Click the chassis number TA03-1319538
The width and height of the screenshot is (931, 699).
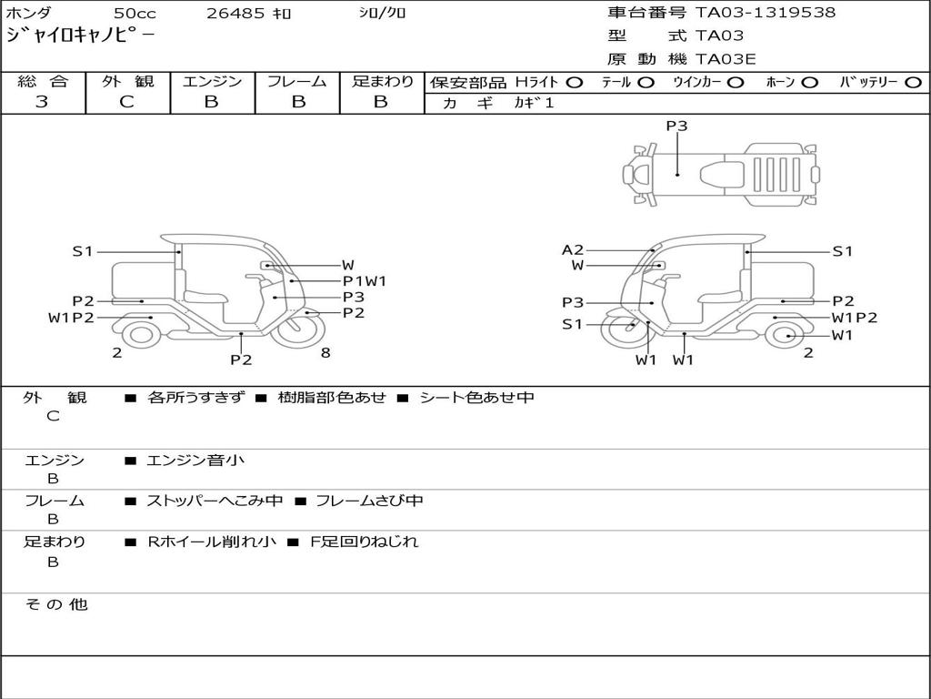766,13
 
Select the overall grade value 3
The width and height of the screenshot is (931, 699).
42,102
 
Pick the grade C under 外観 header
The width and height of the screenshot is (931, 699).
126,102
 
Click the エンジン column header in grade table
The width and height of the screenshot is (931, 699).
212,81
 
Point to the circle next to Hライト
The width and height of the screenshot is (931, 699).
575,83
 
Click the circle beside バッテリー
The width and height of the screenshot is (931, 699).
914,83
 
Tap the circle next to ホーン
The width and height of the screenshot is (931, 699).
809,83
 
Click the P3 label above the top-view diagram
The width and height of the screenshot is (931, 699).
676,126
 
